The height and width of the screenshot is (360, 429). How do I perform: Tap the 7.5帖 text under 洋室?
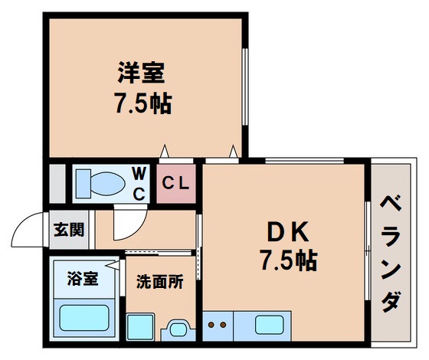coord(142,104)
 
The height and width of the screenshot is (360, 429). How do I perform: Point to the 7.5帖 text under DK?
coord(287,260)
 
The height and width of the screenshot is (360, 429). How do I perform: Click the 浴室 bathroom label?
coord(82,278)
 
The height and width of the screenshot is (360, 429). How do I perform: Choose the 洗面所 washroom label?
coord(160,282)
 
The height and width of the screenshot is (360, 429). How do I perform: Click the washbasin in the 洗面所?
coord(178,329)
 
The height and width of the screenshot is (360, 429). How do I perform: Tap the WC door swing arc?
coord(126,226)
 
